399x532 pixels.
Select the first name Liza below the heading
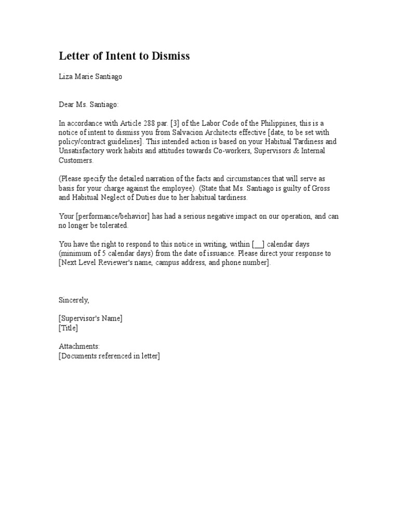[x=65, y=77]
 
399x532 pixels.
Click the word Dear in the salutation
[x=66, y=105]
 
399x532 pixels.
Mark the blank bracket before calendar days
[x=259, y=244]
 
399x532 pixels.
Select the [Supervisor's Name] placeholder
[x=90, y=318]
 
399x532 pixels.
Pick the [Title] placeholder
[x=68, y=328]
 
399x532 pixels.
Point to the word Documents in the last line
[x=80, y=356]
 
